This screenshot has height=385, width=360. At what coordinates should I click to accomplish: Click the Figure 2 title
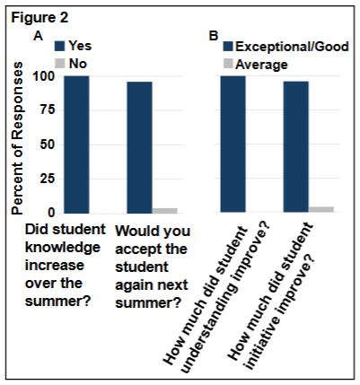(40, 15)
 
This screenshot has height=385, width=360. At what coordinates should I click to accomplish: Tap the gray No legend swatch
(60, 64)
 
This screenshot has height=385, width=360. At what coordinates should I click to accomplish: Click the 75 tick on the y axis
(40, 110)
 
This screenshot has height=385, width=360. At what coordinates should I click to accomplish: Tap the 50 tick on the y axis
(40, 144)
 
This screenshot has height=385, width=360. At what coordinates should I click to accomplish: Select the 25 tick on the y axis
(40, 178)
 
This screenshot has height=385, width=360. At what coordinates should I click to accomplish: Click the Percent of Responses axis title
(17, 144)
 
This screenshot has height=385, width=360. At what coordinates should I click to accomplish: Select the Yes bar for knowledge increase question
(76, 144)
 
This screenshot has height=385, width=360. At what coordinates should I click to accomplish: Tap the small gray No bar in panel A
(164, 210)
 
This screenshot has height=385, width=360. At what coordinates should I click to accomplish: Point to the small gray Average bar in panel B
(321, 209)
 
